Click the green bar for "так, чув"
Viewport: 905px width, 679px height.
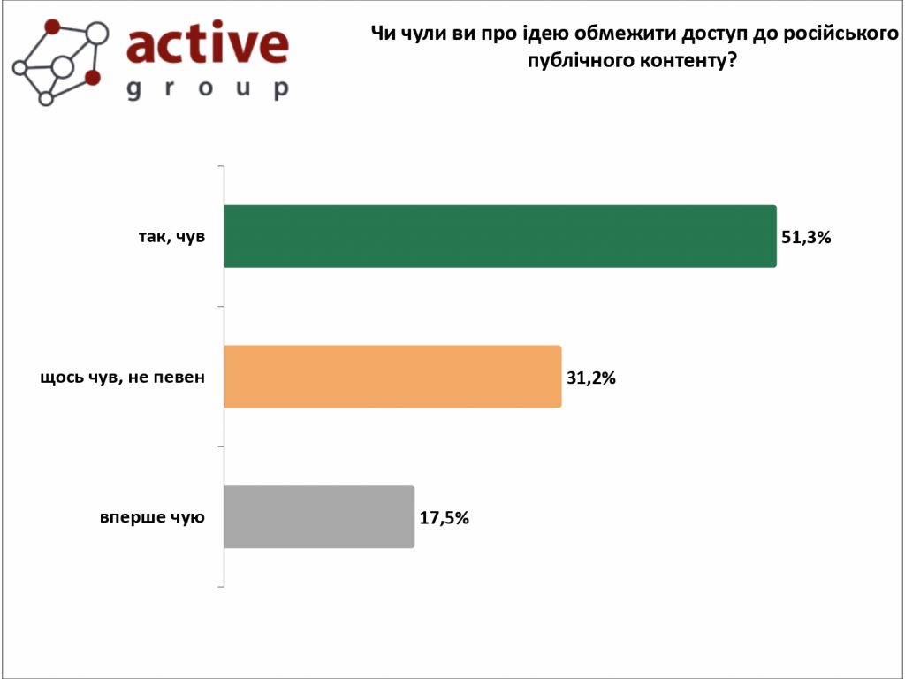(x=499, y=236)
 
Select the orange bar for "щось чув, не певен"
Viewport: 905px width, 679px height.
(x=392, y=377)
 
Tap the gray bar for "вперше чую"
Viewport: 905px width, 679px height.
(x=319, y=517)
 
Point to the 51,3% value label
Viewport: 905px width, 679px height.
(x=806, y=237)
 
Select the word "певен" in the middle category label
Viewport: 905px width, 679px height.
(x=182, y=378)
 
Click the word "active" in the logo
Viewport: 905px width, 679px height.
(x=208, y=44)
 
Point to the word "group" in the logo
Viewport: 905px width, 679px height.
(x=208, y=88)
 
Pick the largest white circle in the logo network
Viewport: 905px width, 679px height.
(x=97, y=34)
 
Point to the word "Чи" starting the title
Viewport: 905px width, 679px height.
(x=381, y=35)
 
